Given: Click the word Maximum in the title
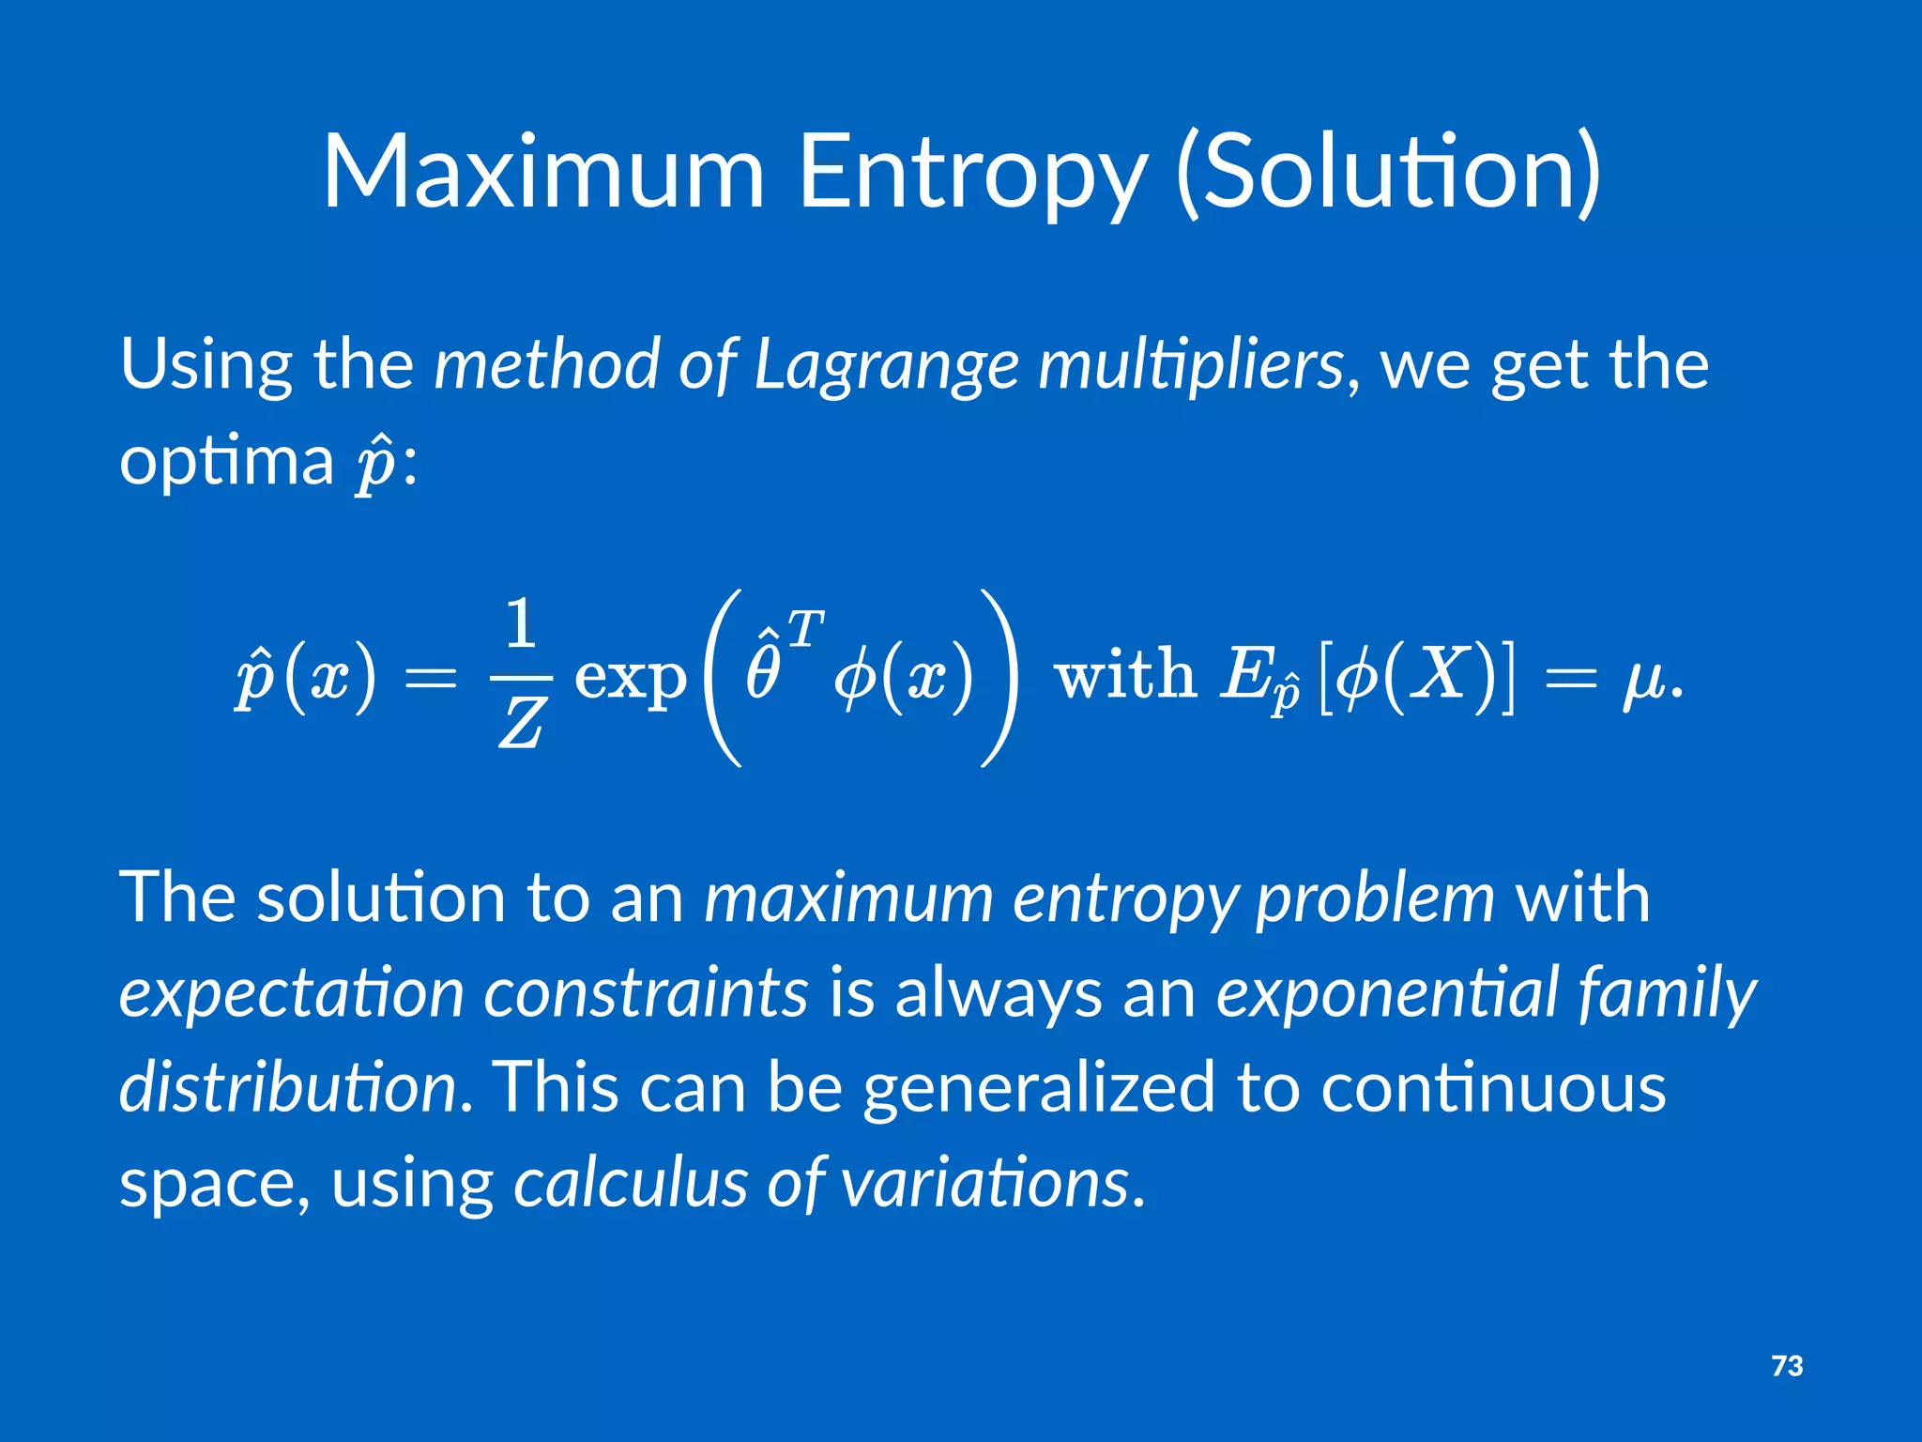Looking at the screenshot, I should pos(543,173).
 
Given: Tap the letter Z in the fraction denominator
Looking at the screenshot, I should pos(521,726).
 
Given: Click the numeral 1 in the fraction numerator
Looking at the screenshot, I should pos(521,624).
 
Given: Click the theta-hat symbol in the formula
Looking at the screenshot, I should pos(762,668).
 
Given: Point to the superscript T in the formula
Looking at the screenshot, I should pos(805,628).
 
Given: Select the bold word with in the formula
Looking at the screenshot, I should pos(1125,673).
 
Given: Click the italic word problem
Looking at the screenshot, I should pos(1374,899).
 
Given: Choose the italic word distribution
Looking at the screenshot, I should pos(287,1087).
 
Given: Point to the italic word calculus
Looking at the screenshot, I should pos(630,1183).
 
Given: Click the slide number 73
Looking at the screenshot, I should pos(1787,1366).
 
